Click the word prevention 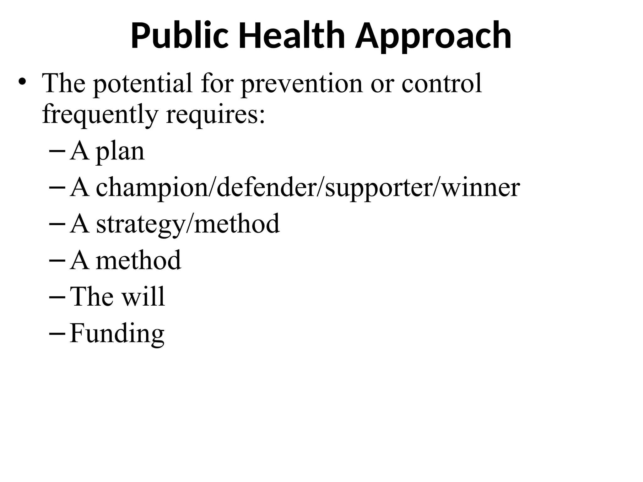(x=301, y=83)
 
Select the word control (x=441, y=83)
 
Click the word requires (x=215, y=114)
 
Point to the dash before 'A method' (x=57, y=260)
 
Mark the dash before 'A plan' (x=57, y=151)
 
